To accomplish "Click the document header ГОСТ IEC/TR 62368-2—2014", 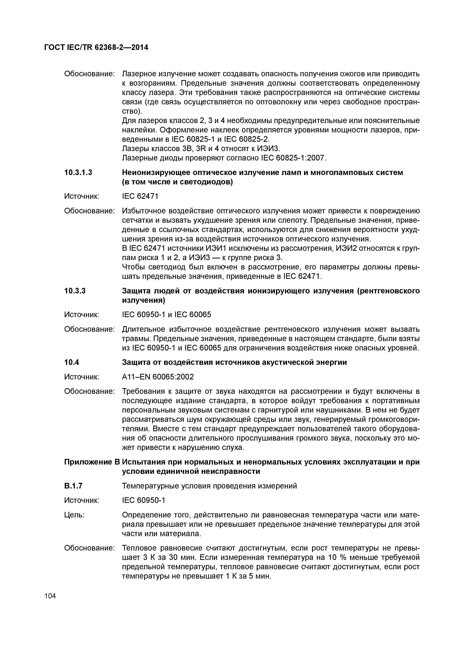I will tap(96, 47).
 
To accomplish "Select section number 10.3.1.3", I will tap(78, 173).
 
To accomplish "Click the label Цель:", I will tap(74, 515).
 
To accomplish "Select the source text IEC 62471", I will tap(140, 196).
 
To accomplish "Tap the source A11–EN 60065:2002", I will tap(158, 377).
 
